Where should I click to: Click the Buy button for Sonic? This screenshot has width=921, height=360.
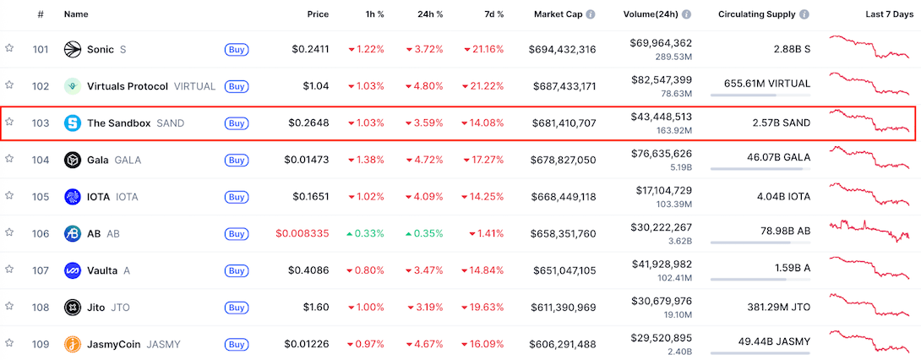pos(237,50)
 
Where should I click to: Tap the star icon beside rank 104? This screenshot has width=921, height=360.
pos(9,159)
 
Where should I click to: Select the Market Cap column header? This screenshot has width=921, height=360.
pos(559,14)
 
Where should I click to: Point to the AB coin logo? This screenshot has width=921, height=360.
pos(72,234)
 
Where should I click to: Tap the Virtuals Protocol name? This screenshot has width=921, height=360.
pos(128,86)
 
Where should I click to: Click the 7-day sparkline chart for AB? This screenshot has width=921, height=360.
pos(870,232)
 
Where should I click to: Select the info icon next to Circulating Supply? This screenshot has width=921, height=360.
pos(804,14)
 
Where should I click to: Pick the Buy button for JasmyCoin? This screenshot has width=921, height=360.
pos(237,345)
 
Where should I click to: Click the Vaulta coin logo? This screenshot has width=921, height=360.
pos(72,271)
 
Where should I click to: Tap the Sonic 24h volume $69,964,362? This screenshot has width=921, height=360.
pos(661,43)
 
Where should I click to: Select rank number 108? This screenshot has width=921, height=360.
pos(41,308)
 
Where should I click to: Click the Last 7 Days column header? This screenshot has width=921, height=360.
pos(887,14)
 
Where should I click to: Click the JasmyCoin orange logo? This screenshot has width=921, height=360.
pos(72,345)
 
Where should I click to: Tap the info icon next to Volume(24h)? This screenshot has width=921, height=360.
pos(686,14)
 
